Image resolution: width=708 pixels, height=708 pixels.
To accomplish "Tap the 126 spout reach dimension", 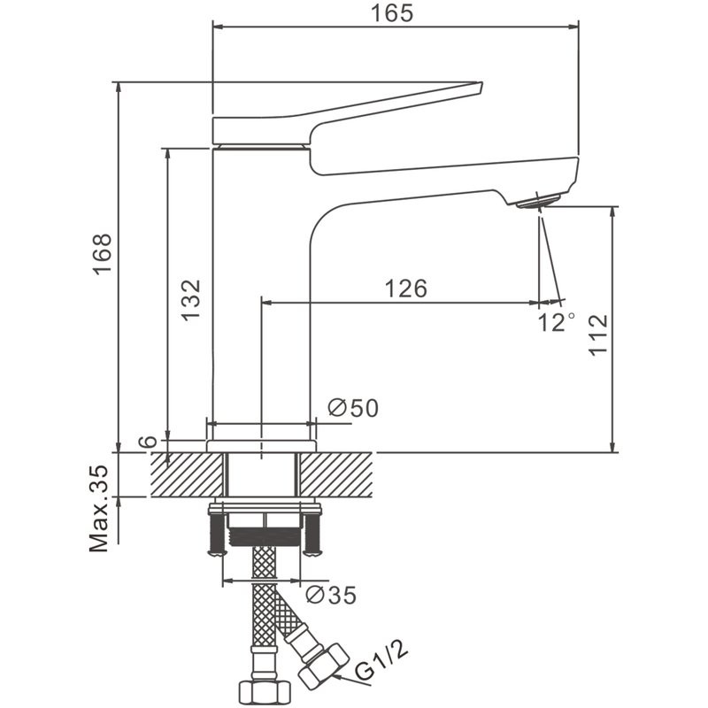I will [x=405, y=289].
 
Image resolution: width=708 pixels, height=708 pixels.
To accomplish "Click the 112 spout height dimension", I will [x=599, y=334].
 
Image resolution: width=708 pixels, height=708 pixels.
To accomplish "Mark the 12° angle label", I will [x=557, y=321].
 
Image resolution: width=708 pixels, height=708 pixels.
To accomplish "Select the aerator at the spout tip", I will [x=536, y=202].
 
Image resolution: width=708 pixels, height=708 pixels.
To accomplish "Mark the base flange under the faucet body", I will [x=262, y=445].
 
